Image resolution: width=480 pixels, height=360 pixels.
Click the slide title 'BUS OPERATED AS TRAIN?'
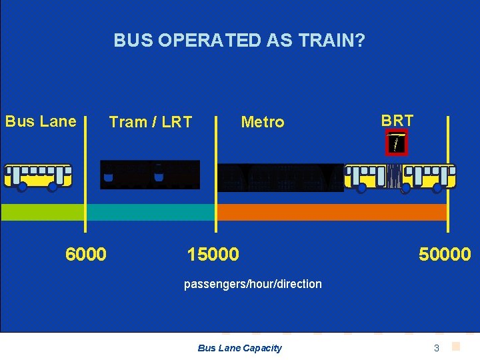(239, 41)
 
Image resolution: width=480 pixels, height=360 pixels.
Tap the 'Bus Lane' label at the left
(41, 121)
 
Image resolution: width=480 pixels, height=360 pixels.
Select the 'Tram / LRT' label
(150, 122)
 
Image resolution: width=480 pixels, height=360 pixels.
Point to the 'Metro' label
(262, 122)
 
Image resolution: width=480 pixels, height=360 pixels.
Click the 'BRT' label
(397, 121)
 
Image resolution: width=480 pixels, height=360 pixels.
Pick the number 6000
(85, 254)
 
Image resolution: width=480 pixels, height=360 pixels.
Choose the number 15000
(213, 254)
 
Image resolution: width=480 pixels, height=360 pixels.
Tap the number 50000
(444, 254)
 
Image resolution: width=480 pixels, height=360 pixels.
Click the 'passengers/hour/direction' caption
(253, 284)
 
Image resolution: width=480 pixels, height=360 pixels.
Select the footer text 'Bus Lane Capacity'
(240, 348)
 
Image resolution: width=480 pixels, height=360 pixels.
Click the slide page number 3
(437, 348)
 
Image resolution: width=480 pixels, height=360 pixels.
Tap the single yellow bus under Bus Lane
(38, 177)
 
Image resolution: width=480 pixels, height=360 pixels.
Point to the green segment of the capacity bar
(43, 212)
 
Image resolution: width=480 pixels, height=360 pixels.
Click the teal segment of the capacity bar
(151, 212)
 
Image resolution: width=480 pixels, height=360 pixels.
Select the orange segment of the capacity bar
(331, 212)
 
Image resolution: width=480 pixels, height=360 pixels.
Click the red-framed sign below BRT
(397, 142)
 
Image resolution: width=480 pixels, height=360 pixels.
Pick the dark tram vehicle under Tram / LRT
(150, 175)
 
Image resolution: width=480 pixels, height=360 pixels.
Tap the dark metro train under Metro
(280, 177)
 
